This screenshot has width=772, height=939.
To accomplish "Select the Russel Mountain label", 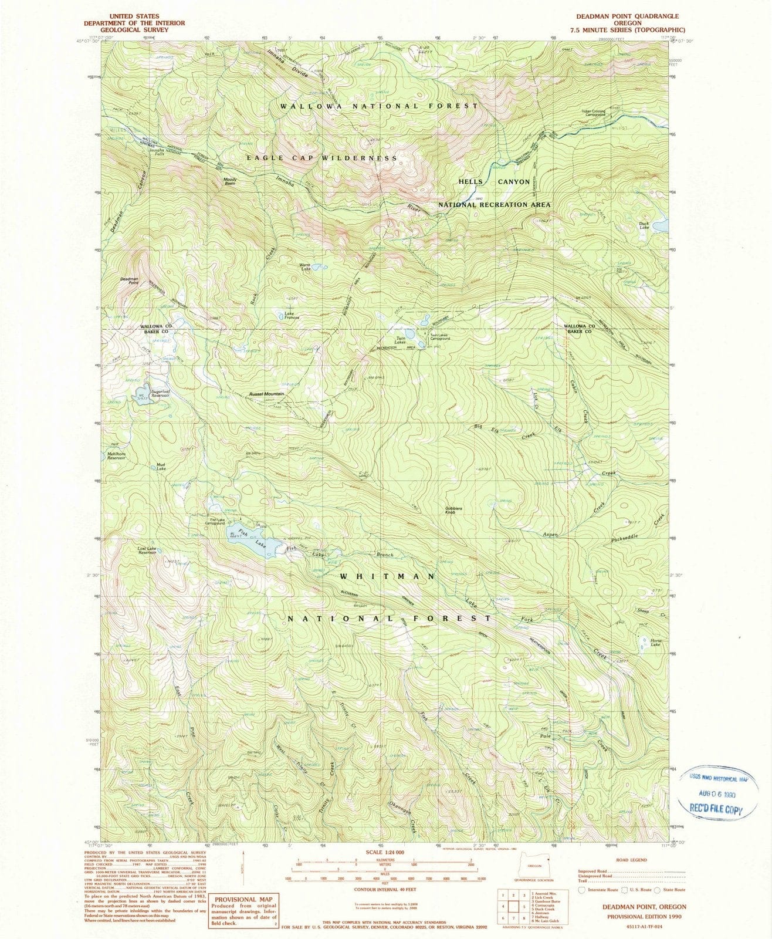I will [266, 394].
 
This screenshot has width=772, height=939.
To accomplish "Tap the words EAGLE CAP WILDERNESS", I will [321, 158].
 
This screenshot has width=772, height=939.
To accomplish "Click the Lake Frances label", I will [292, 316].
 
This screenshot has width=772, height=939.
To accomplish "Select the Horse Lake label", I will [655, 642].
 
